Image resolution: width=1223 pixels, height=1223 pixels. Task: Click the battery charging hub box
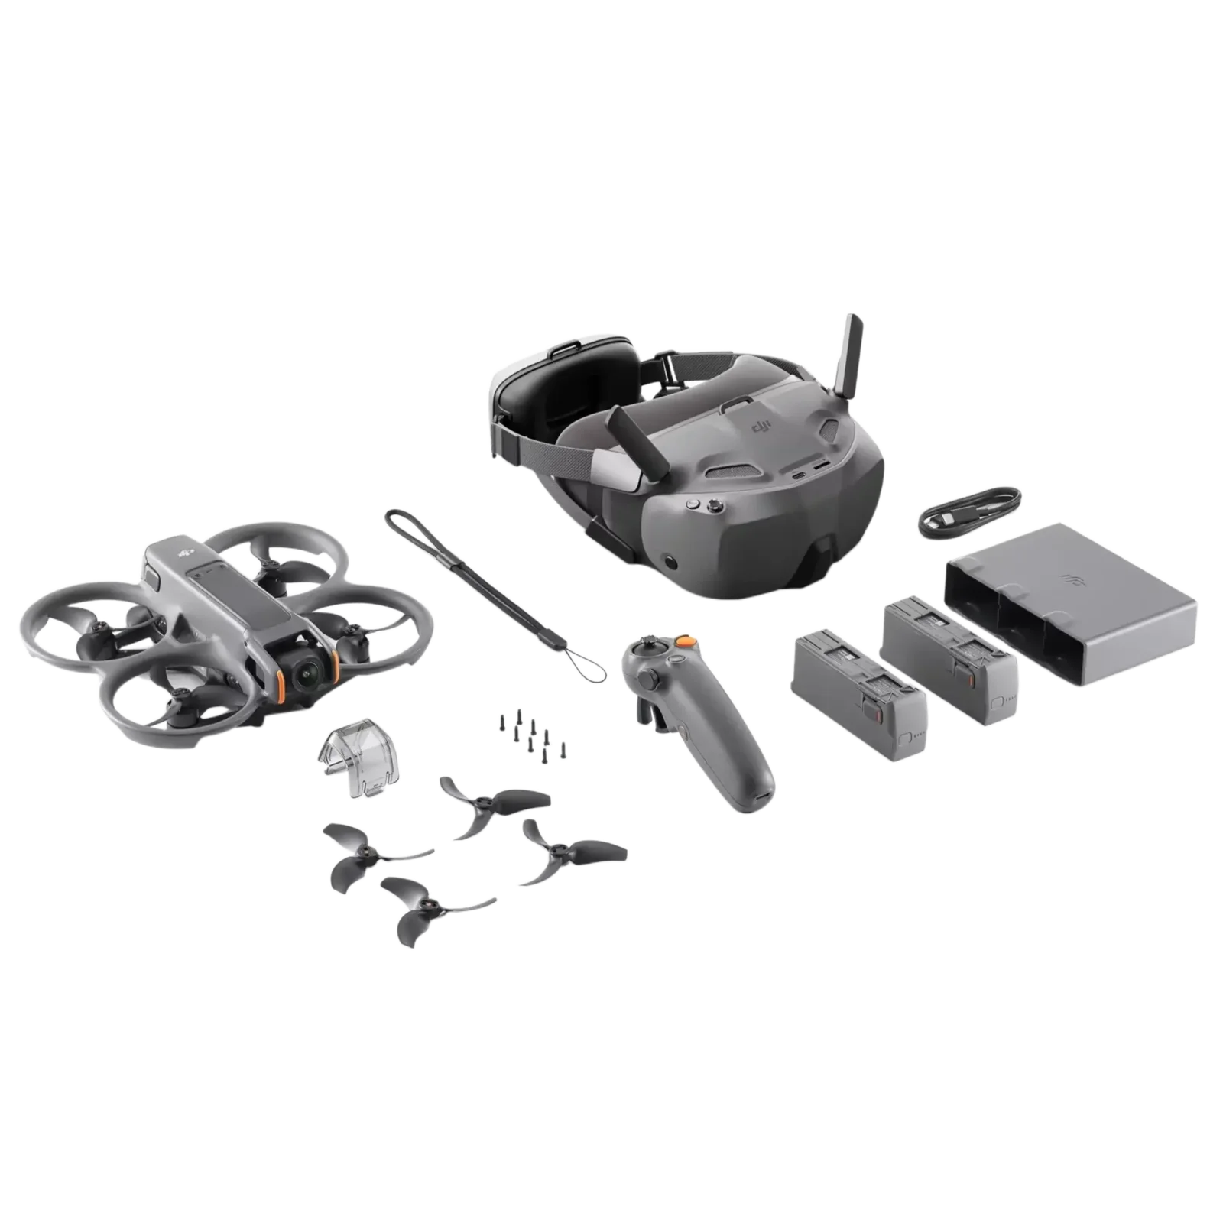pyautogui.click(x=1070, y=611)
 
